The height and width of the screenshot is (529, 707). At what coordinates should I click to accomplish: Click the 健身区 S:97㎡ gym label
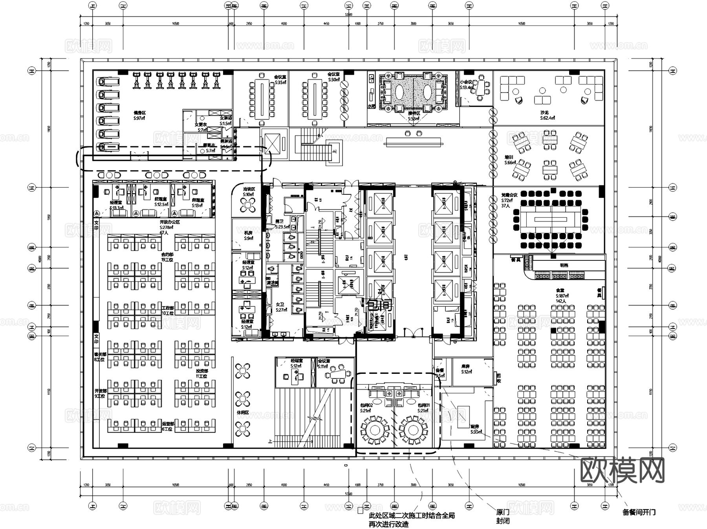pyautogui.click(x=139, y=115)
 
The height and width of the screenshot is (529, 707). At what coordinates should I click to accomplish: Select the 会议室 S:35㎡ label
pyautogui.click(x=280, y=80)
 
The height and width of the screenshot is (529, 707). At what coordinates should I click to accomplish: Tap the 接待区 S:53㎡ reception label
pyautogui.click(x=414, y=115)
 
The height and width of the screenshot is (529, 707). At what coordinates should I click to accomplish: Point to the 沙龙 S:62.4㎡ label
pyautogui.click(x=547, y=115)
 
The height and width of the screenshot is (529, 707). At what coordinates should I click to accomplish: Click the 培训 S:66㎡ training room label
pyautogui.click(x=510, y=160)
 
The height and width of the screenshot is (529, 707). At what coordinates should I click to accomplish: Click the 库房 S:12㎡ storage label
pyautogui.click(x=466, y=369)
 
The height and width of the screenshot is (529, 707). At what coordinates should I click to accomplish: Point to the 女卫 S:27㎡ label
pyautogui.click(x=281, y=307)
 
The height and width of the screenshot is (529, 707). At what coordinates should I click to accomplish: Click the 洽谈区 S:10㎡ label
pyautogui.click(x=248, y=192)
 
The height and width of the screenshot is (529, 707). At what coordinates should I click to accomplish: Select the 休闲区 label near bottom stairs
pyautogui.click(x=242, y=413)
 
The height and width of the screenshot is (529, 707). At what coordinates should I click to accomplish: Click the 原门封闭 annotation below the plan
pyautogui.click(x=503, y=516)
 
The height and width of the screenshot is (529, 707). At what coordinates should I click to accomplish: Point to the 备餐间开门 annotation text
pyautogui.click(x=639, y=512)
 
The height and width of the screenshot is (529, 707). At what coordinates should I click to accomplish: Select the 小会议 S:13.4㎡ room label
pyautogui.click(x=467, y=84)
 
